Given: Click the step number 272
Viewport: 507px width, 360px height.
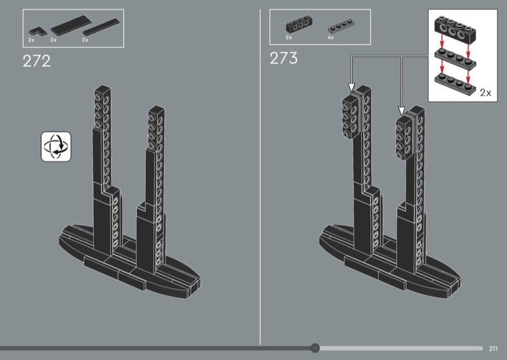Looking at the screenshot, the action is coord(37,61).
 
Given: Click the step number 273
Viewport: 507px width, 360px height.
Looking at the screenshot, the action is coord(283,58).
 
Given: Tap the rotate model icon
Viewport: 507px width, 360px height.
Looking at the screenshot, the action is coord(56,146).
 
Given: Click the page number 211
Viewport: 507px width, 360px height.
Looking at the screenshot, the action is coord(493,349).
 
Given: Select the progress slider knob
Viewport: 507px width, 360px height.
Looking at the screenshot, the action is coord(315,348).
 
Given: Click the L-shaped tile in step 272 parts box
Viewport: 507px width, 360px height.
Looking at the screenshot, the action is coord(37,32).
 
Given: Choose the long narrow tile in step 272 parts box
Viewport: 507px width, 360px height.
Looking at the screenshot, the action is coord(101,27).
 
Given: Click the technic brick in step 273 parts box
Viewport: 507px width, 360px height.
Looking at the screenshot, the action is coord(298,24).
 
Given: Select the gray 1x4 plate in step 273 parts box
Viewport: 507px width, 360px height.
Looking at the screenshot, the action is coord(342,27).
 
